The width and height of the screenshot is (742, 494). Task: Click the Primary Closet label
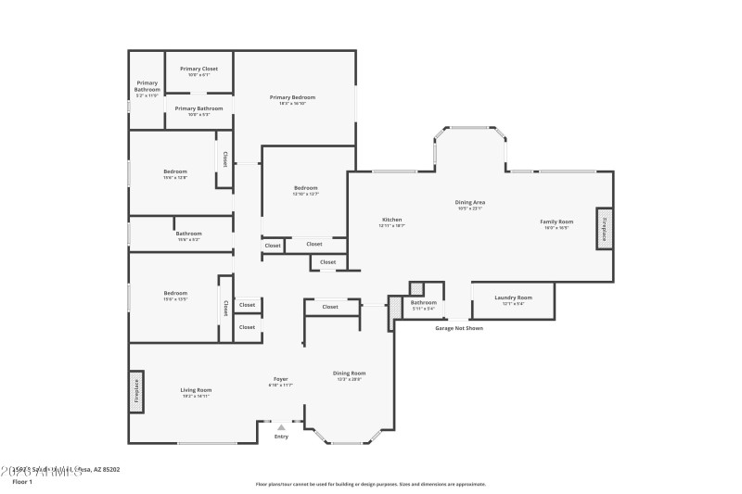click(199, 69)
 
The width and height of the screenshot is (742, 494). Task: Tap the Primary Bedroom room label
click(293, 97)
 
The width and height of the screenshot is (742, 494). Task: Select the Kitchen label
click(392, 221)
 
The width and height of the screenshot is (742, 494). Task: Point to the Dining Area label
click(470, 202)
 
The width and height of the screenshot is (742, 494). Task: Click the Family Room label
click(557, 222)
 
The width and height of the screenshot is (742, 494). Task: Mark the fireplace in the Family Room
click(604, 228)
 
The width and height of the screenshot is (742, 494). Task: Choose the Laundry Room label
click(512, 298)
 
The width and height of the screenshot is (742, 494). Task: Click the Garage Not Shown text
click(459, 327)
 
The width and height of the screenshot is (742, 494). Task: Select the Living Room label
click(196, 390)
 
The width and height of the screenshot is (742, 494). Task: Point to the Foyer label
click(280, 380)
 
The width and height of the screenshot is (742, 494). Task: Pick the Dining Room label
click(350, 374)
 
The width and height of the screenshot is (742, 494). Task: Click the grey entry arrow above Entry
click(281, 427)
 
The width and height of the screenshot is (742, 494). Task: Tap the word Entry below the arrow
click(281, 437)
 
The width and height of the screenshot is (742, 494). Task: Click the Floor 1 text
click(22, 482)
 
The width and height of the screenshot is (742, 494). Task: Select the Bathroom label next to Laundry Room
click(424, 302)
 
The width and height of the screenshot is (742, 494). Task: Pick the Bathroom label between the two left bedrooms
click(189, 234)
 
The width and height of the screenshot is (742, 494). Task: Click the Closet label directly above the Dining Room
click(330, 307)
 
